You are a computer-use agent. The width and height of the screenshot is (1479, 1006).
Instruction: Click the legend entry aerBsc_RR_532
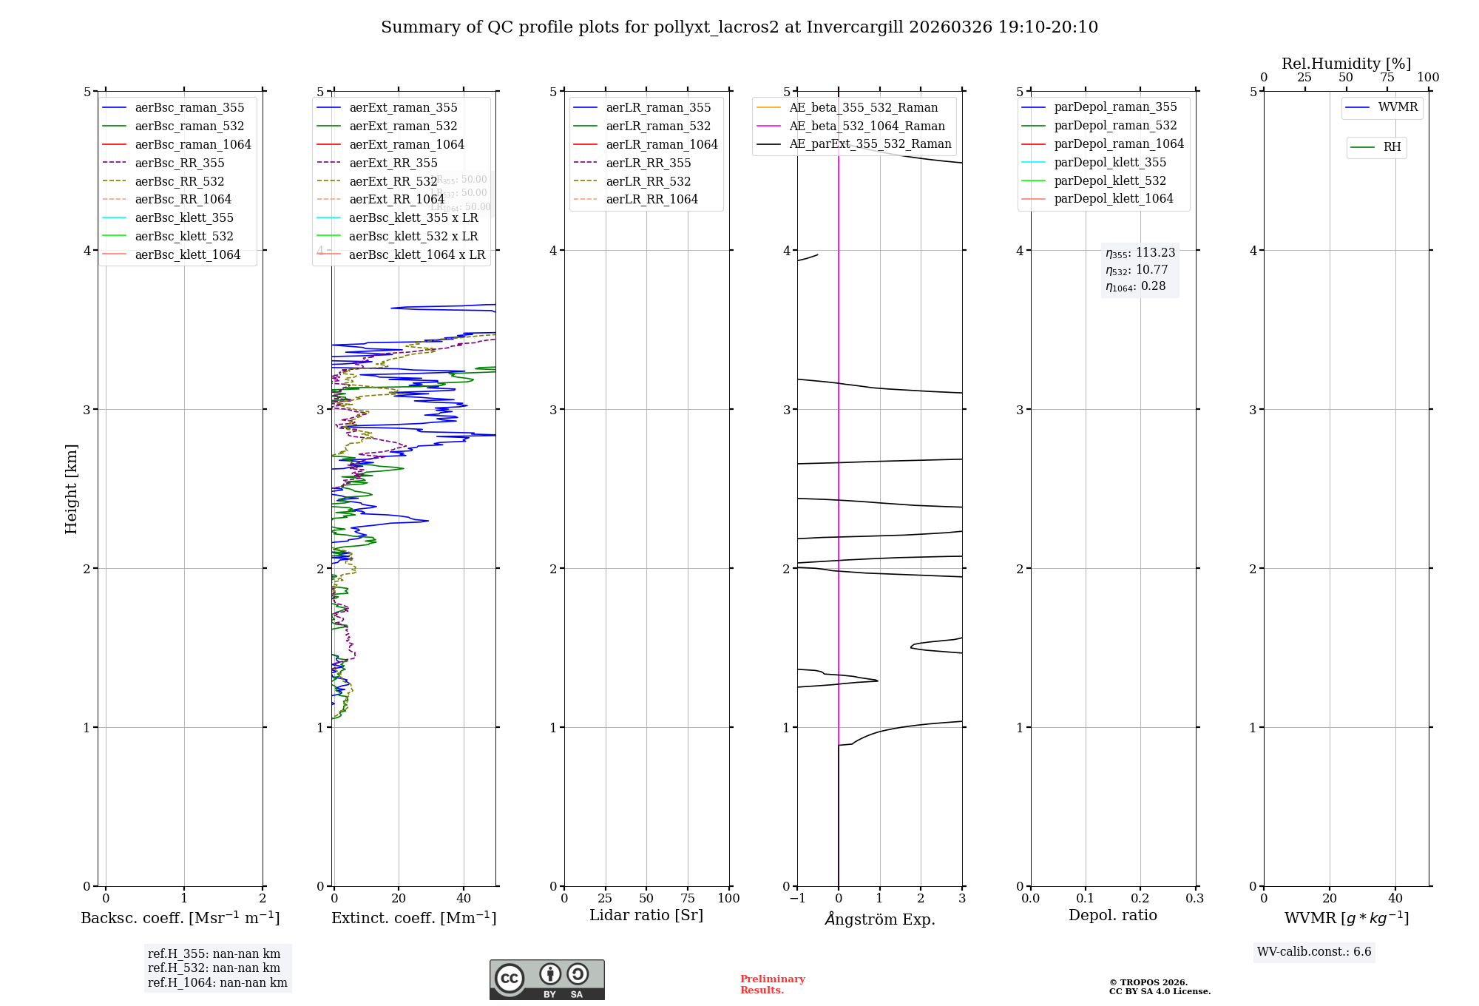click(x=179, y=181)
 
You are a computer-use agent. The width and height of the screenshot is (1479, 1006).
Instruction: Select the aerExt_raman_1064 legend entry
click(x=407, y=144)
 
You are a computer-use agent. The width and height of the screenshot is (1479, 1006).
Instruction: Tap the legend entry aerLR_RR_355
click(x=648, y=163)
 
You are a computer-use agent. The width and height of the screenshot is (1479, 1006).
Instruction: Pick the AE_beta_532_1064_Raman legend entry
click(x=867, y=126)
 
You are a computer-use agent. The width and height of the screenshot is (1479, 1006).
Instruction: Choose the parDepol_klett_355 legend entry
click(x=1110, y=162)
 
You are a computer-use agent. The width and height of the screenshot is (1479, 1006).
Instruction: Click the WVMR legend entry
click(x=1398, y=107)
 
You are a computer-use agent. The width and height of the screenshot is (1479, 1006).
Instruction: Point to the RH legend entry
click(x=1392, y=147)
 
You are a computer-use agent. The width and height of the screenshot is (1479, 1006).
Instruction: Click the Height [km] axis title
click(x=71, y=489)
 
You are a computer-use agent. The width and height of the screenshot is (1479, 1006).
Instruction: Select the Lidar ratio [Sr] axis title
click(x=646, y=915)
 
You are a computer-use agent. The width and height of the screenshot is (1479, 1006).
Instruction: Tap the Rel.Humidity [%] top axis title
click(x=1346, y=64)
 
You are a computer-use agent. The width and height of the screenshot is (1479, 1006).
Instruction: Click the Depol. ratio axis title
click(x=1112, y=915)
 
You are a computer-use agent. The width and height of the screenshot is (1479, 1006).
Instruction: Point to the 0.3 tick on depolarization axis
click(x=1194, y=898)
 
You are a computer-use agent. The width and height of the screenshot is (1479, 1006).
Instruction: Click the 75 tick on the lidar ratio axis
click(x=688, y=898)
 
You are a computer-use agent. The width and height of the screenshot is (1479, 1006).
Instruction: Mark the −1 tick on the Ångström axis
click(x=796, y=898)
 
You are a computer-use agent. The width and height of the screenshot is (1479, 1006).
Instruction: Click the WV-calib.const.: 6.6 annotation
click(x=1314, y=952)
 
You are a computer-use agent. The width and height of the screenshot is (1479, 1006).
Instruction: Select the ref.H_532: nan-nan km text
click(x=214, y=968)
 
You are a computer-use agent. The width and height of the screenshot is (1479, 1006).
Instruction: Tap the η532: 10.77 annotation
click(x=1137, y=270)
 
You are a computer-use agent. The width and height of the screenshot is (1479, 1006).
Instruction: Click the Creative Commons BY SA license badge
click(x=546, y=979)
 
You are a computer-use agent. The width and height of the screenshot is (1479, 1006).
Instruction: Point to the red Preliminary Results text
click(x=772, y=985)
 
